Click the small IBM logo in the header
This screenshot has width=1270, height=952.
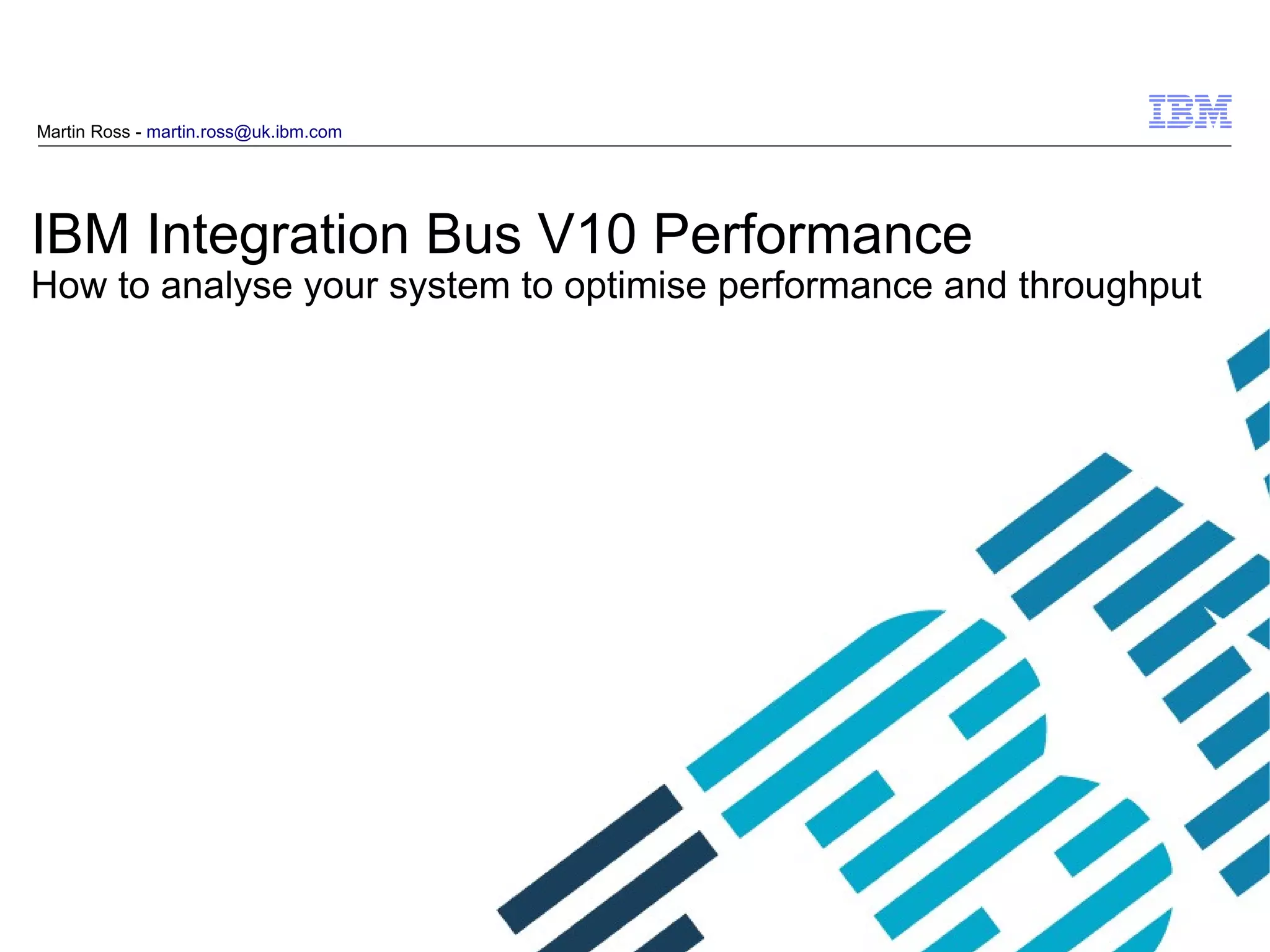point(1189,112)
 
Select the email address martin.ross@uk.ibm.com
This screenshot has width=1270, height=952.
point(244,132)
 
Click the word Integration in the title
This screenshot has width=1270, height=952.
point(277,235)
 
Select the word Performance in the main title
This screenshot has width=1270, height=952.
point(812,235)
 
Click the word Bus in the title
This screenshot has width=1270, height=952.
point(473,234)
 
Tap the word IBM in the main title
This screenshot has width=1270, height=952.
point(80,234)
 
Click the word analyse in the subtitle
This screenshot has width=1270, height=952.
point(226,287)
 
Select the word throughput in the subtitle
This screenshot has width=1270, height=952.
point(1109,287)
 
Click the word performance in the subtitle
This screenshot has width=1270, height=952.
point(825,287)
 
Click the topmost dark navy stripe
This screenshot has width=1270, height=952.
point(589,859)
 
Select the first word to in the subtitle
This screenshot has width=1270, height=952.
point(133,285)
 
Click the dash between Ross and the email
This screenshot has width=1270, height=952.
point(138,133)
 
